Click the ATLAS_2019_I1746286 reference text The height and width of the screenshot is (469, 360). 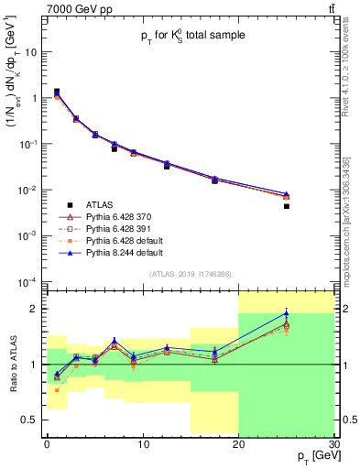189,274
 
